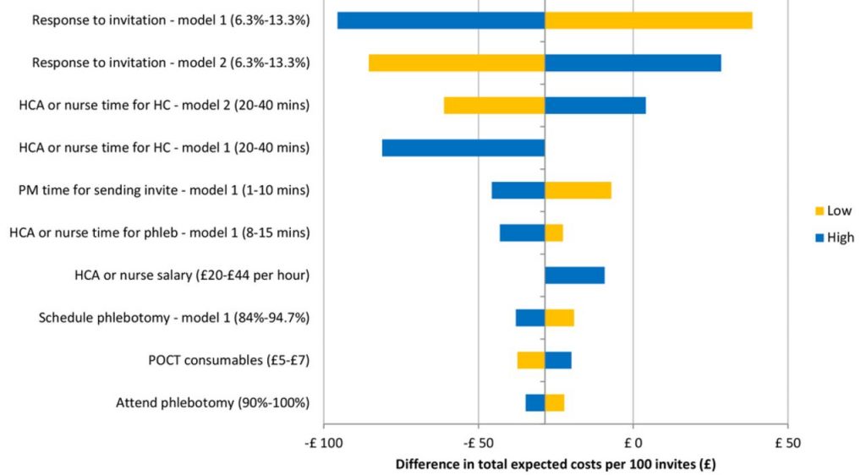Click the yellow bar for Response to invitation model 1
[648, 20]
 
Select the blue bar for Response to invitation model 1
[441, 20]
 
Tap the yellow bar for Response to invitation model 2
[457, 63]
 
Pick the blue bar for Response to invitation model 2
[633, 63]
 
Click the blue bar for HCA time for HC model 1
[463, 148]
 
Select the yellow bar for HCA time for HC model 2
[494, 105]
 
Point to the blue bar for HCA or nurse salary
[574, 275]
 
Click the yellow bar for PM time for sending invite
[578, 190]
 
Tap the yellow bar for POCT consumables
[531, 360]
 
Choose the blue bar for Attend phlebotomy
[534, 402]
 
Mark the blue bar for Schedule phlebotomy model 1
[530, 318]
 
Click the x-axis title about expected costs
[556, 464]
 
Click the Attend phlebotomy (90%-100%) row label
[212, 402]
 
